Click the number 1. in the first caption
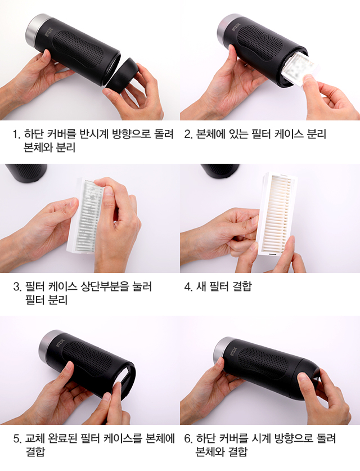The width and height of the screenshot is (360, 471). pyautogui.click(x=16, y=134)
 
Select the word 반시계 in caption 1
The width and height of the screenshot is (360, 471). pyautogui.click(x=93, y=134)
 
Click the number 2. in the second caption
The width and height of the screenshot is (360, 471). pyautogui.click(x=188, y=134)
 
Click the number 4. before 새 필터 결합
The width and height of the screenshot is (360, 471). pyautogui.click(x=188, y=286)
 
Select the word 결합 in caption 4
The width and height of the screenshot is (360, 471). pyautogui.click(x=242, y=286)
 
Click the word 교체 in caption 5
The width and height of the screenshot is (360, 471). pyautogui.click(x=35, y=438)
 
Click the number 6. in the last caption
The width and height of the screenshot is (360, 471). pyautogui.click(x=188, y=438)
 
